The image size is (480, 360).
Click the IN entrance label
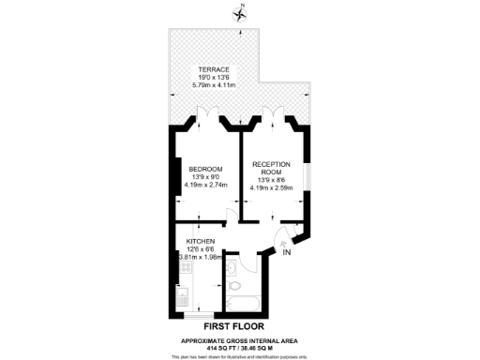click(288, 252)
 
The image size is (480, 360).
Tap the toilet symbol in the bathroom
click(234, 285)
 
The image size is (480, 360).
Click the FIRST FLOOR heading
click(240, 327)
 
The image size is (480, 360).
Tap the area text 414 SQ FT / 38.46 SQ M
click(240, 347)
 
